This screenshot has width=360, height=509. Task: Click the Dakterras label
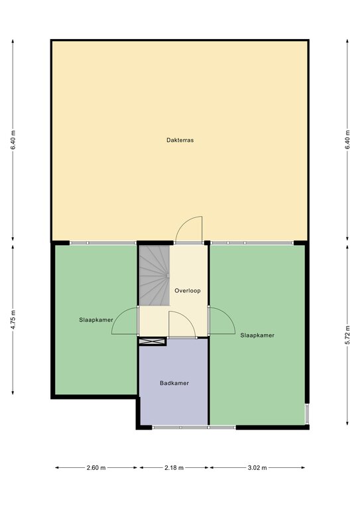[180, 141]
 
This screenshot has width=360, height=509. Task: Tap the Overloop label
[188, 290]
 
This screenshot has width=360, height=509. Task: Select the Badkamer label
[174, 383]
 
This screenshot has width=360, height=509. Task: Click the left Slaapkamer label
[96, 319]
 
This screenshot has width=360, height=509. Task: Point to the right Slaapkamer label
[257, 335]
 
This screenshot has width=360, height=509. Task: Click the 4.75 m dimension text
[13, 319]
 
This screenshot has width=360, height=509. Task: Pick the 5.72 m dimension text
[347, 335]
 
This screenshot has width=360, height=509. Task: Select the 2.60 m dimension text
[96, 468]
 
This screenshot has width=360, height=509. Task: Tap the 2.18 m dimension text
[174, 468]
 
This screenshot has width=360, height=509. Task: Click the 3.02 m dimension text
[257, 468]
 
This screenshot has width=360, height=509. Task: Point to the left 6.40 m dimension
[13, 140]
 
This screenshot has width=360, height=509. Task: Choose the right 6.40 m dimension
[347, 140]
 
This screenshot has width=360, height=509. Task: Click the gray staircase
[154, 275]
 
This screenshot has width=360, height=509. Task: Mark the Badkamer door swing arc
[188, 318]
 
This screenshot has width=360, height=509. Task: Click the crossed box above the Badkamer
[152, 341]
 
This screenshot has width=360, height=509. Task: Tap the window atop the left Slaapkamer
[103, 243]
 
